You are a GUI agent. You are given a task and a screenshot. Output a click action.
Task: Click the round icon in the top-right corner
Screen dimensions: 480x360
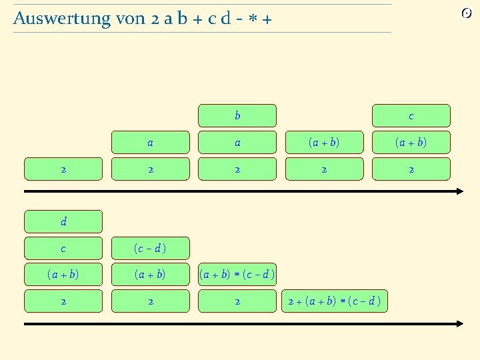(467, 13)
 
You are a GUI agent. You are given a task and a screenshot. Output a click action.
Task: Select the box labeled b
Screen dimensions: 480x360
(237, 115)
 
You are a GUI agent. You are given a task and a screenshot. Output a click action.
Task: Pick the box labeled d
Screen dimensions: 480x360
(63, 221)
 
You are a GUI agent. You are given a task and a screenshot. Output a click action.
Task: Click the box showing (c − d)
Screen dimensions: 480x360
(151, 248)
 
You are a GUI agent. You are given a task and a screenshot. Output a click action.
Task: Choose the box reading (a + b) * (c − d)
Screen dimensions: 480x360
(237, 274)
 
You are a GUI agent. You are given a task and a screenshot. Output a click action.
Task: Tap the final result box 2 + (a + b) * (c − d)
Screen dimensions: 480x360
(334, 301)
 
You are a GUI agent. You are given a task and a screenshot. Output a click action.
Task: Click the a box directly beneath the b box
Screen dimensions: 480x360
(237, 142)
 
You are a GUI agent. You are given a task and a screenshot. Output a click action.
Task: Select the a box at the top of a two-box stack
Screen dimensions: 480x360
(151, 142)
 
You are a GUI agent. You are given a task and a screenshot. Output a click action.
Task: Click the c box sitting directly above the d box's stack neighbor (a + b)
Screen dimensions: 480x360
(63, 248)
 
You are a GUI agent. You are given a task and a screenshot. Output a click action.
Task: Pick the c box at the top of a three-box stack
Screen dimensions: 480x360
(411, 115)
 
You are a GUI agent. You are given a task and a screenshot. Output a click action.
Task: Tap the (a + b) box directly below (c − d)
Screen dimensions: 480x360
(151, 274)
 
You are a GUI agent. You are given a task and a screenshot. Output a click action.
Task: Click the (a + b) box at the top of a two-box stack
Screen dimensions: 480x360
(324, 142)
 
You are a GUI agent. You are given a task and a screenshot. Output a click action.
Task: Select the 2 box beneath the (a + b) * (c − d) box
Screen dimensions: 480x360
(237, 301)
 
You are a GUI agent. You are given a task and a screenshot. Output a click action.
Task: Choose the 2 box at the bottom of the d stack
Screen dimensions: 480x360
(63, 301)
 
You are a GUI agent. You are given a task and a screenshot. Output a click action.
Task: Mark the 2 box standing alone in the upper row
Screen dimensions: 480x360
(63, 169)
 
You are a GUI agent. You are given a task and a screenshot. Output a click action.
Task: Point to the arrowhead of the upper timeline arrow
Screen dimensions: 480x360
(459, 191)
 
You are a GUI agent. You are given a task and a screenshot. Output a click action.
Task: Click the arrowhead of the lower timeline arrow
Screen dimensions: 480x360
(459, 324)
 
